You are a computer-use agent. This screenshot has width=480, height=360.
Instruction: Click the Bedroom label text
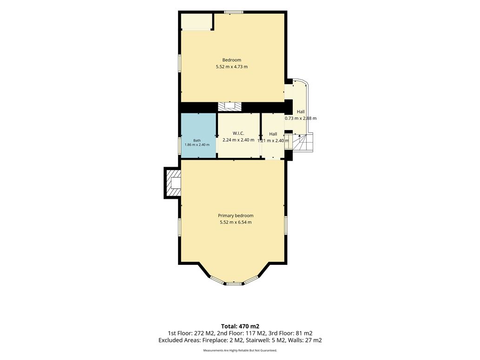[232, 60]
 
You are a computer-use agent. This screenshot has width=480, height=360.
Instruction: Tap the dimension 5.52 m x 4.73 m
[232, 66]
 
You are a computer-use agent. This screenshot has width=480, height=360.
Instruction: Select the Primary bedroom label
[236, 216]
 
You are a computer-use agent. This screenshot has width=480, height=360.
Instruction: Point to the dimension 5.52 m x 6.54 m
[236, 222]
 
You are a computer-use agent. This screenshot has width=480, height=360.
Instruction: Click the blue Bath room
[199, 135]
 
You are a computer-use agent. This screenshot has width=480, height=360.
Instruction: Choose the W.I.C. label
[238, 133]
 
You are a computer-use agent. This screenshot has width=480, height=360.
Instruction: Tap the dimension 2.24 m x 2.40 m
[238, 140]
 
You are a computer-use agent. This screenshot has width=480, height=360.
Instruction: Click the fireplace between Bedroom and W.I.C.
[229, 106]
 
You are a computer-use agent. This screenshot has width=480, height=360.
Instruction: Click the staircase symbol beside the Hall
[302, 143]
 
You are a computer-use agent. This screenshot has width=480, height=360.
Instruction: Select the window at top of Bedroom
[233, 12]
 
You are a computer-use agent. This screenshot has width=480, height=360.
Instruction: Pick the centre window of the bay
[234, 283]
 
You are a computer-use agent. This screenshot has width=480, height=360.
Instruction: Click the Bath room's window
[180, 145]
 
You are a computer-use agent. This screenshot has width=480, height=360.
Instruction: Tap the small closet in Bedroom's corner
[197, 21]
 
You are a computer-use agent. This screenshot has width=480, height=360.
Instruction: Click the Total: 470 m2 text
[240, 327]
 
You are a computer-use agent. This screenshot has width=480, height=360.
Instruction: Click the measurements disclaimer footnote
[240, 350]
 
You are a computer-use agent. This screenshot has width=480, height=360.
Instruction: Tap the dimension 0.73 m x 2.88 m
[301, 118]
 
